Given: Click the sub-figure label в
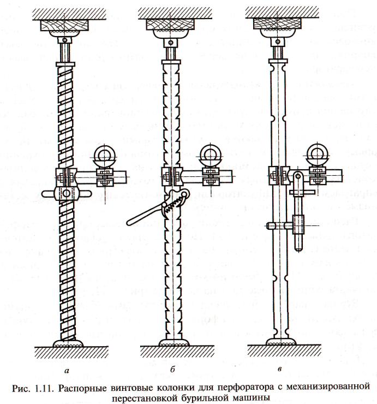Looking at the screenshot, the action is pos(280,371).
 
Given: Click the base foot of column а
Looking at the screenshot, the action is pos(67,343).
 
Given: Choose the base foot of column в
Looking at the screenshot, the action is pos(280,343).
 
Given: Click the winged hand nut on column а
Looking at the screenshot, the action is pos(67,193).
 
